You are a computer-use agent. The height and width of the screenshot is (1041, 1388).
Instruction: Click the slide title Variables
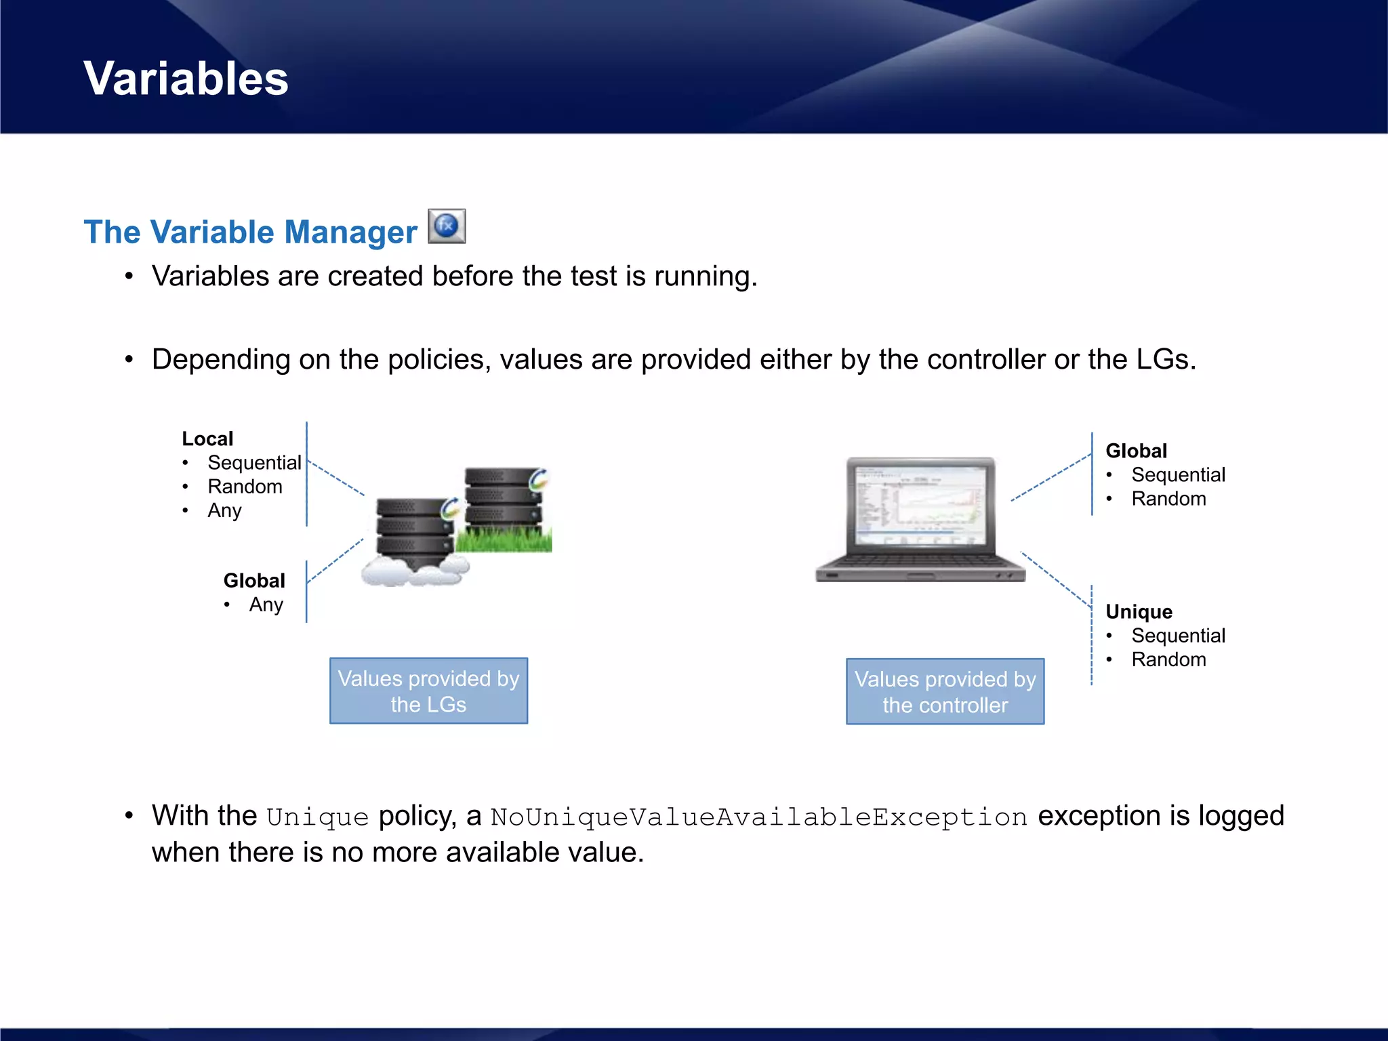186,79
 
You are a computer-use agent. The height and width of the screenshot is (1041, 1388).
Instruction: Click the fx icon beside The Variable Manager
447,226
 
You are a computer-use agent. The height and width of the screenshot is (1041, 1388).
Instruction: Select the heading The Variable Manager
250,232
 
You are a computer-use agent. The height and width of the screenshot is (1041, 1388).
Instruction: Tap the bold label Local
207,438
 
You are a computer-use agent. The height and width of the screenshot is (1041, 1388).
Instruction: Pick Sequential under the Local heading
254,462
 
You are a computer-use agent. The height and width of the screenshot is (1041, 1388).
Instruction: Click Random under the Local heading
245,487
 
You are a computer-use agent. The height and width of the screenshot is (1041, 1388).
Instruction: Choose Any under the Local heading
224,510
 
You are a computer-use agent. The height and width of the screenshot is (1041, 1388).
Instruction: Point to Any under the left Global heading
266,605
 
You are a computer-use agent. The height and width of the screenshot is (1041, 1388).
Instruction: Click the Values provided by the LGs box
428,691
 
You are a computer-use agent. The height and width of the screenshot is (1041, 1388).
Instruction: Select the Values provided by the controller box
945,691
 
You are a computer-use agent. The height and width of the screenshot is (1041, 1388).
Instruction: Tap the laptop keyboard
920,562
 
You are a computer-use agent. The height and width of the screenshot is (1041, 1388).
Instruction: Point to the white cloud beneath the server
413,573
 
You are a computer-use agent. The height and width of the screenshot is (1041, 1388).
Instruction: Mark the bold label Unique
1139,611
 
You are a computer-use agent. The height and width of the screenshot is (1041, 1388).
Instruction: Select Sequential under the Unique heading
1178,636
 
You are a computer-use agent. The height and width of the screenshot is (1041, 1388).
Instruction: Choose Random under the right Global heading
1168,499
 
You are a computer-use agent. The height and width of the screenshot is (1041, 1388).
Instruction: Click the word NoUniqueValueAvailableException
759,817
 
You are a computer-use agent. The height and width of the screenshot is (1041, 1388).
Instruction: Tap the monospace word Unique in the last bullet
317,817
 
